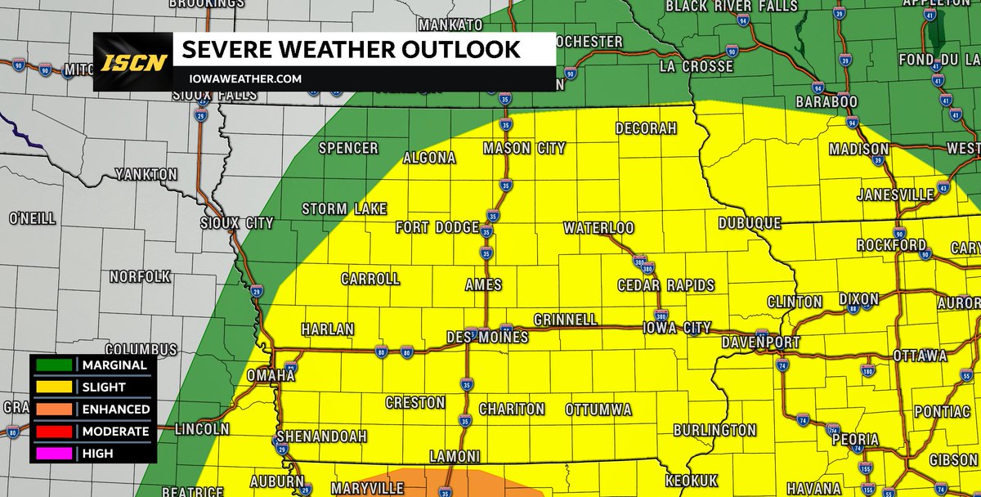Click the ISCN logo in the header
135,62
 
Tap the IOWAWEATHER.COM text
243,79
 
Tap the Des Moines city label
487,337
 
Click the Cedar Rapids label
666,285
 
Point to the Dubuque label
750,222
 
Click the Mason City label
524,149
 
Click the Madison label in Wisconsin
858,149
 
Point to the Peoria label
855,439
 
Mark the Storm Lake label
344,209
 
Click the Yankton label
146,174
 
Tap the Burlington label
714,430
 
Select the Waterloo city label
598,228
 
